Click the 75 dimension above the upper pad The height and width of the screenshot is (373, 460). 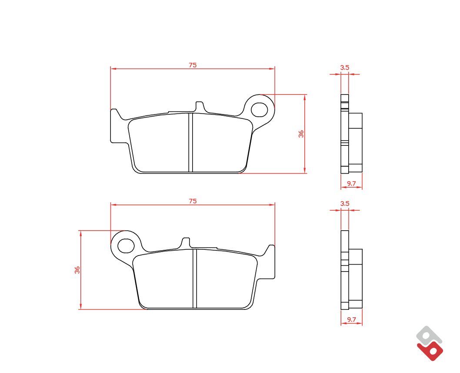point(193,65)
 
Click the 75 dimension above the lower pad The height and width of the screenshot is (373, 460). point(193,201)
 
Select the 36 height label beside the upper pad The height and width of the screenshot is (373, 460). point(301,134)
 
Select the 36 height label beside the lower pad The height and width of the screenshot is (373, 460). point(77,270)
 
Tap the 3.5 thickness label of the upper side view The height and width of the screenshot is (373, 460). point(345,67)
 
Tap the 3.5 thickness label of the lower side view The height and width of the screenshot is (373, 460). point(345,203)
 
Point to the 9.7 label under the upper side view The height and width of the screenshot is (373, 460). point(351,184)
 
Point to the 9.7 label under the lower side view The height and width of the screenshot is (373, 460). point(351,319)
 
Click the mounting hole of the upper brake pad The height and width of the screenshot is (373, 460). point(259,110)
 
